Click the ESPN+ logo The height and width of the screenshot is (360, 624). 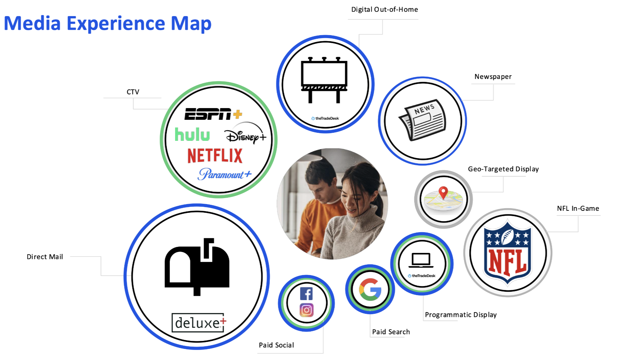pos(213,114)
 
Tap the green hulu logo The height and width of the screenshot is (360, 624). pos(192,134)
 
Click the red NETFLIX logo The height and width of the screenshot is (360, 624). pos(215,156)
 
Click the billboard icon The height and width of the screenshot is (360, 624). pos(324,80)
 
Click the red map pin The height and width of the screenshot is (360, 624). pos(443,192)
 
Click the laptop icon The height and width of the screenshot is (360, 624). pos(421,260)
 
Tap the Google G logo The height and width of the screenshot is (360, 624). pos(370,289)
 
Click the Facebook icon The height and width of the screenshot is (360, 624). pos(306,294)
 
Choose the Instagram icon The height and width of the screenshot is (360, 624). pos(306,310)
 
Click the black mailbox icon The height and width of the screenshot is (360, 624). pos(197,266)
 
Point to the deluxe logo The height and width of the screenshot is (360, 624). pos(199,323)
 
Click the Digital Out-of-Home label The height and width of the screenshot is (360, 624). pos(384,9)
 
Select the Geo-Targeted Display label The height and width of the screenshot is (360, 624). pos(503,169)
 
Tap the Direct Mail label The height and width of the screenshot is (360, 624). pos(45,257)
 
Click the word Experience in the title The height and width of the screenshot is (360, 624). pos(116,23)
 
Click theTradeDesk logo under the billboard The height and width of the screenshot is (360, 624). pos(325,118)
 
